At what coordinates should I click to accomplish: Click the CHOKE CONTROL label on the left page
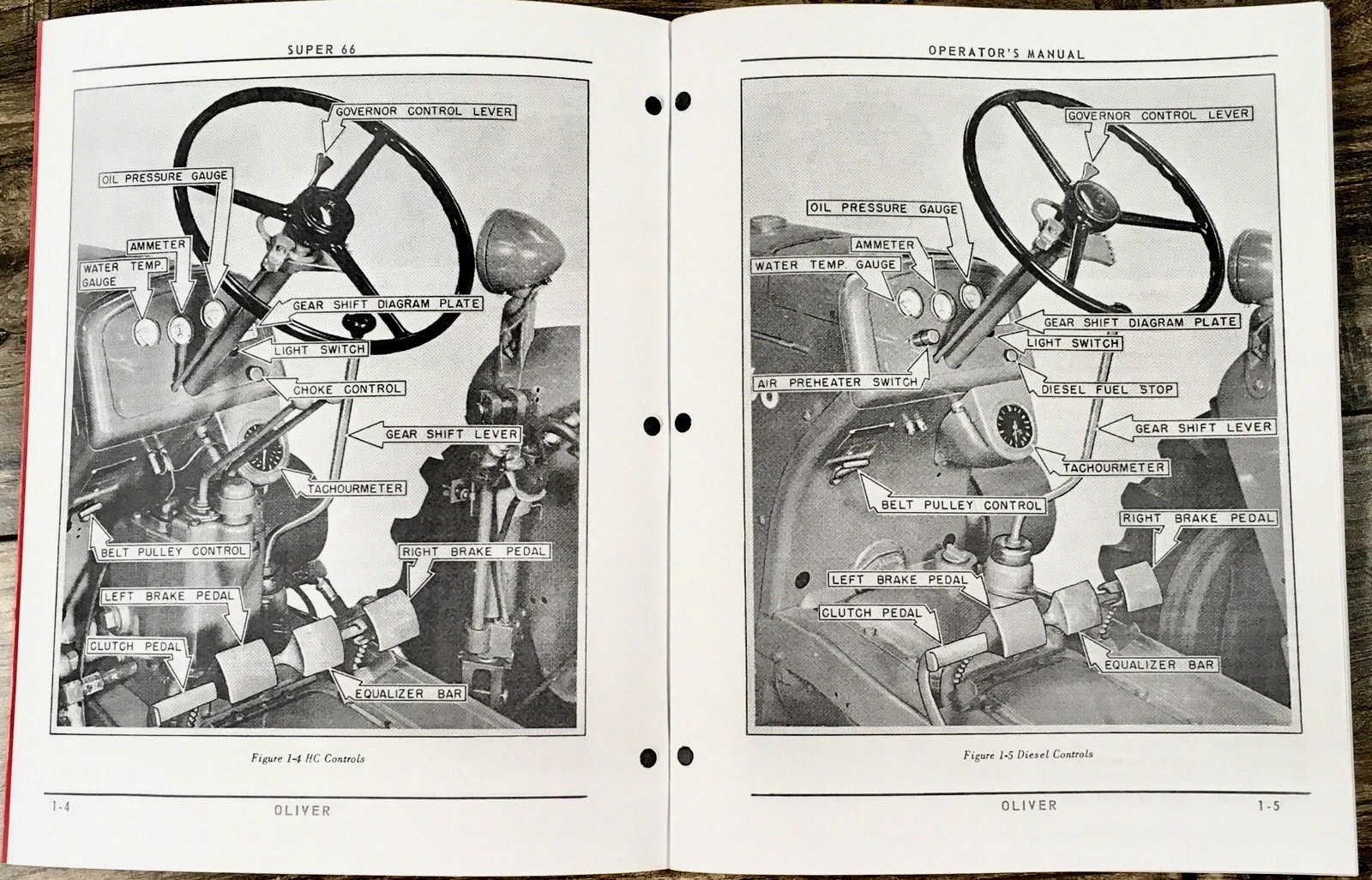tap(346, 389)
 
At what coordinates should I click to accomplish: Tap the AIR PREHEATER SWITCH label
tap(837, 383)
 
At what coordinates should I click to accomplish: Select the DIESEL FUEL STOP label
tap(1107, 389)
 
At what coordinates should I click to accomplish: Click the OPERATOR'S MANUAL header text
tap(1006, 52)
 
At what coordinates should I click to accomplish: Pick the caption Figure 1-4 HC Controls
tap(308, 758)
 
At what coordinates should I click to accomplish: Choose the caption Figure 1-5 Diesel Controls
tap(1028, 755)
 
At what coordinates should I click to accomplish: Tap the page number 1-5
tap(1268, 806)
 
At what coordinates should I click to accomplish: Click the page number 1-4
tap(61, 808)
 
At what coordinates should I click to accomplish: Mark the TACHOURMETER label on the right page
tap(1113, 467)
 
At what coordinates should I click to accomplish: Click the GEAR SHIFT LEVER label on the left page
tap(451, 435)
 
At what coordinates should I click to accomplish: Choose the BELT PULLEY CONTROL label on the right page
tap(961, 505)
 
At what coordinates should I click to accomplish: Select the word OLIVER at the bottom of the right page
tap(1028, 805)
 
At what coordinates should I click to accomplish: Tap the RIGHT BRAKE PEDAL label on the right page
tap(1198, 518)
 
